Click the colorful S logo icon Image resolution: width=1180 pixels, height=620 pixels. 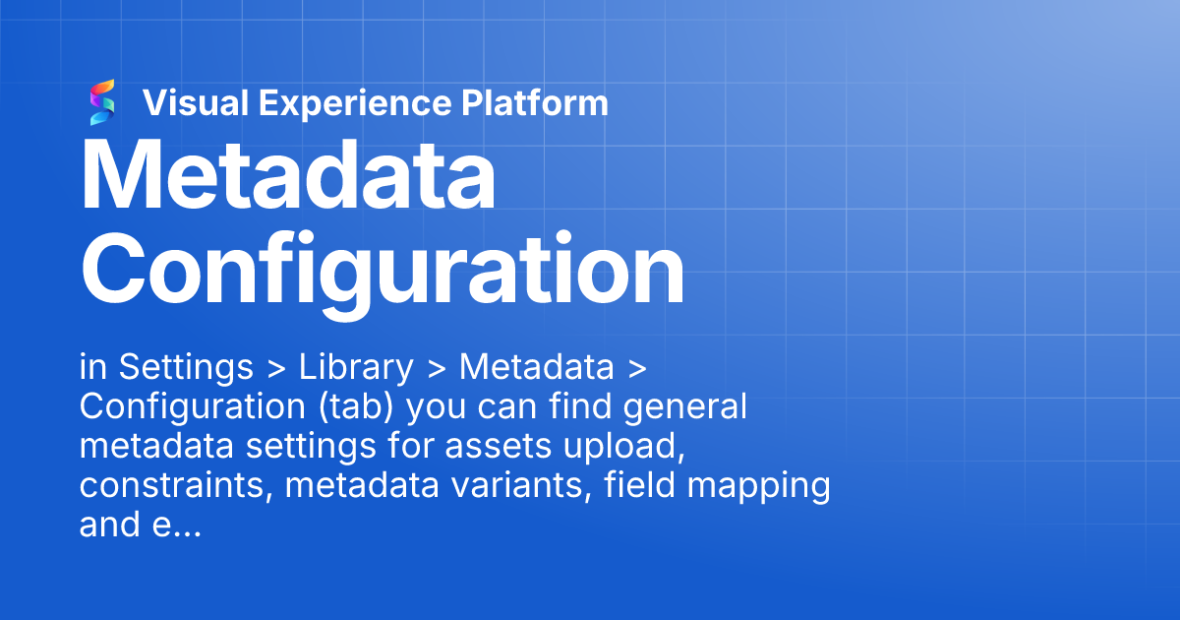click(x=102, y=102)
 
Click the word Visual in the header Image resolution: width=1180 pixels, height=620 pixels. click(x=196, y=102)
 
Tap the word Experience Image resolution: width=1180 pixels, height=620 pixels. click(x=355, y=104)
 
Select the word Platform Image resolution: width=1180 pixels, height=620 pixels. click(x=535, y=102)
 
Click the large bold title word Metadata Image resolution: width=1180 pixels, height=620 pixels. click(x=288, y=175)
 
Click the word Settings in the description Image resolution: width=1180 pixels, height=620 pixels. click(x=186, y=368)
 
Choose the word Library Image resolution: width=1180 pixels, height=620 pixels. click(x=356, y=368)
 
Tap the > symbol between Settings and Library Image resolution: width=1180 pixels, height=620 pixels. click(x=276, y=369)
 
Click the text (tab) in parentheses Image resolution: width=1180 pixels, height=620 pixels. click(x=356, y=407)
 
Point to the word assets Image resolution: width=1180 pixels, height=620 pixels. click(x=498, y=447)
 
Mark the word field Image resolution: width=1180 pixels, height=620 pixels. click(x=639, y=484)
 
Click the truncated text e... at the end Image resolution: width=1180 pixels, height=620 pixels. click(x=176, y=526)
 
